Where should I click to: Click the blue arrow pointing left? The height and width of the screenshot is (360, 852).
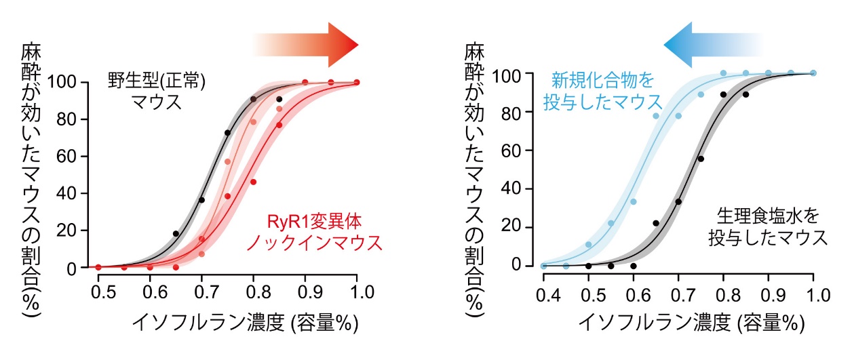pyautogui.click(x=705, y=45)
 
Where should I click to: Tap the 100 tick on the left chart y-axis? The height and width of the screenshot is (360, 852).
pyautogui.click(x=70, y=83)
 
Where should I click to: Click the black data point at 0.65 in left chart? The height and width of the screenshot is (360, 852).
pyautogui.click(x=176, y=234)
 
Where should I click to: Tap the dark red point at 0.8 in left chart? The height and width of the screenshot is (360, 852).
pyautogui.click(x=253, y=182)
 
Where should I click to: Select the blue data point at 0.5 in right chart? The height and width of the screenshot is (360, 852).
pyautogui.click(x=588, y=245)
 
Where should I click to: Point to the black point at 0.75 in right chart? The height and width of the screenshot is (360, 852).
pyautogui.click(x=701, y=159)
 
